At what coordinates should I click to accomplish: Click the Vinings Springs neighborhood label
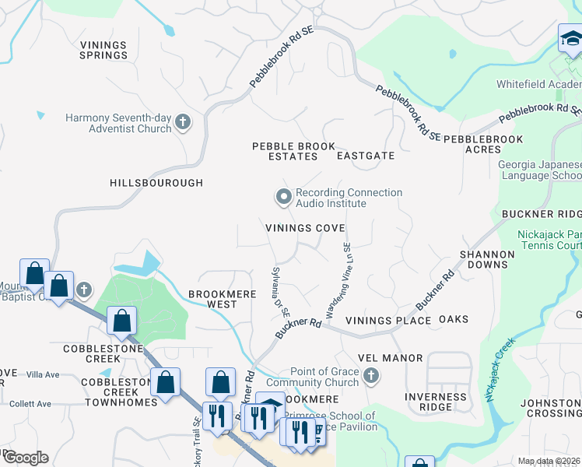click(103, 50)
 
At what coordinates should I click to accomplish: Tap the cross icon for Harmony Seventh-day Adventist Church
click(182, 121)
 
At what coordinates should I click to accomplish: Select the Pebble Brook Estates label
click(285, 151)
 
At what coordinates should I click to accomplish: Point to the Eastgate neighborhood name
click(366, 156)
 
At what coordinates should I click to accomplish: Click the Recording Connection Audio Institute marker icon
click(284, 196)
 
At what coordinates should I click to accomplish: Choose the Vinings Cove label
click(305, 228)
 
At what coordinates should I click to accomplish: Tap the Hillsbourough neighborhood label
click(156, 183)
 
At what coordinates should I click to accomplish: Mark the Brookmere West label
click(212, 299)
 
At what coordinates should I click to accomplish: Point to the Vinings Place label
click(388, 320)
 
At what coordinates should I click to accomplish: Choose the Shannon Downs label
click(487, 259)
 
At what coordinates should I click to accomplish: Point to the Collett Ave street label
click(30, 404)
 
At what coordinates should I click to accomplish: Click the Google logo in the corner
click(25, 457)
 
